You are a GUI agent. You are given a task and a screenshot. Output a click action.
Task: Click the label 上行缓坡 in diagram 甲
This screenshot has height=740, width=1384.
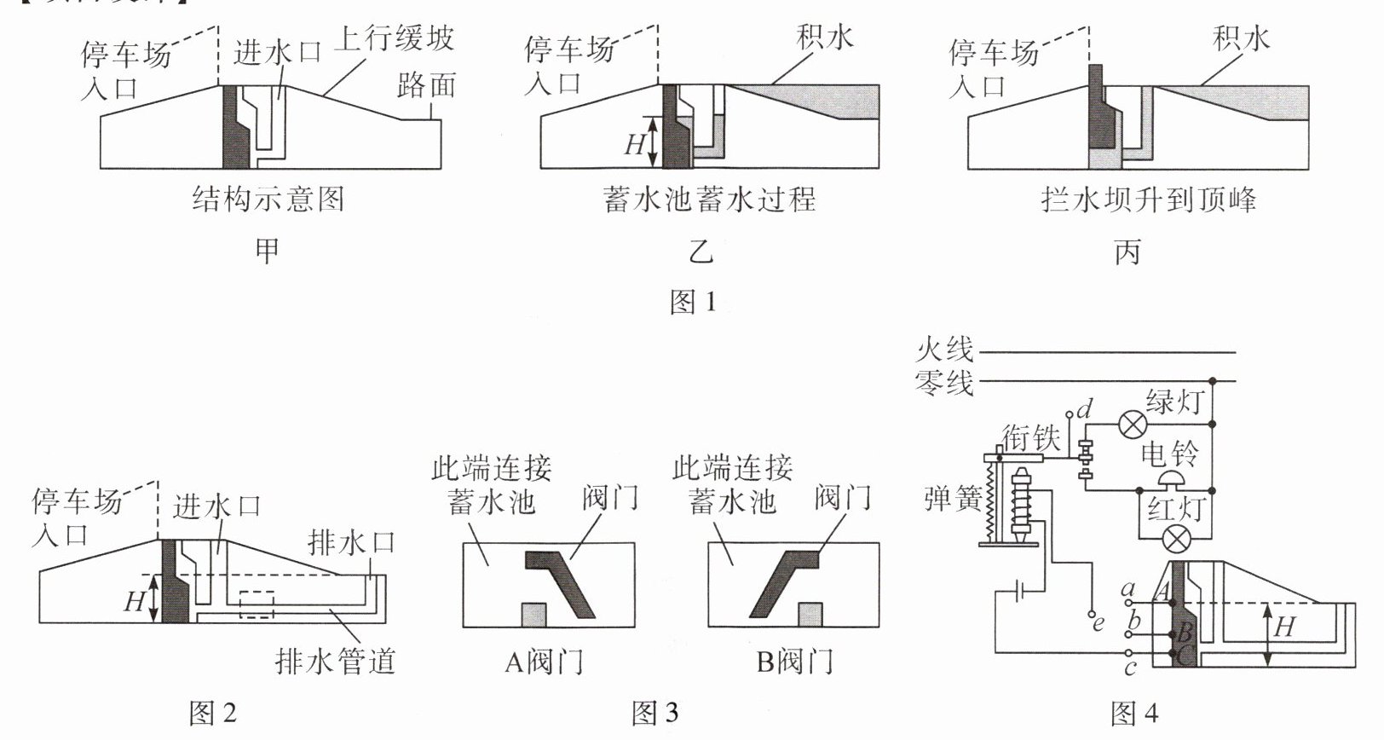(393, 39)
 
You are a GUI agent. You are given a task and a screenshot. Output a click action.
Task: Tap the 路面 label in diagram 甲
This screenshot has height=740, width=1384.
(426, 84)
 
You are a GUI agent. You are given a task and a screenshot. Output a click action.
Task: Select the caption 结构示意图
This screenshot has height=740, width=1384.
(268, 199)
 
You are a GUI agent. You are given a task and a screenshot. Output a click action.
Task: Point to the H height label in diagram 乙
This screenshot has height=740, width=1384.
(635, 144)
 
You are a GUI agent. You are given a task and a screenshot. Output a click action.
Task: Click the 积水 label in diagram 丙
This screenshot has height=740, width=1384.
(1241, 38)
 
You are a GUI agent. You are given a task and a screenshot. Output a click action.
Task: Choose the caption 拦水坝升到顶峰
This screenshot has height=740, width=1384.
(1148, 199)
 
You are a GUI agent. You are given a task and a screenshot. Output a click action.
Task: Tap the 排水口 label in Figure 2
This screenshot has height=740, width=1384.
(351, 542)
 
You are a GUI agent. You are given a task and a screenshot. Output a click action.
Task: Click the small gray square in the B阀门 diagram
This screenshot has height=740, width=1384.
(810, 615)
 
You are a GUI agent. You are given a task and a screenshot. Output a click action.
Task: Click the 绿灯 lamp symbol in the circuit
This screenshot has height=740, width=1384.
(1133, 423)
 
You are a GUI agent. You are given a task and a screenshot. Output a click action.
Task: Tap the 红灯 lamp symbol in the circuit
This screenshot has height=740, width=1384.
(1178, 539)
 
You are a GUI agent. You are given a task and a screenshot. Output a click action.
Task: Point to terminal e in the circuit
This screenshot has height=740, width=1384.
(1090, 614)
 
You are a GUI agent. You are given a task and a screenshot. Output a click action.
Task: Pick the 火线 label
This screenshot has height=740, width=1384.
(944, 350)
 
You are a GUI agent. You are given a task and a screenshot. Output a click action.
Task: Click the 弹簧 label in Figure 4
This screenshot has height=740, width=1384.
(953, 499)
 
